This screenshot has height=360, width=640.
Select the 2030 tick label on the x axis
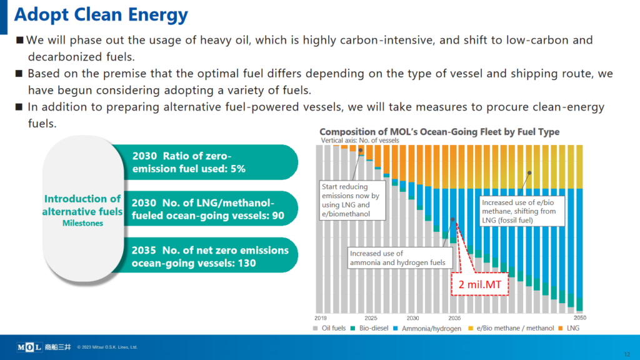click(412, 318)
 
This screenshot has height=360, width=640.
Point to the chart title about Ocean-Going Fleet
click(439, 132)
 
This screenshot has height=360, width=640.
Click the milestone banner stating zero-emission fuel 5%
click(200, 162)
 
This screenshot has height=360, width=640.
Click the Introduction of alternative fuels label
click(82, 205)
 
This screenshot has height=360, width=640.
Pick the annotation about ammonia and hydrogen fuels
click(397, 257)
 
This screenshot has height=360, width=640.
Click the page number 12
click(627, 354)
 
